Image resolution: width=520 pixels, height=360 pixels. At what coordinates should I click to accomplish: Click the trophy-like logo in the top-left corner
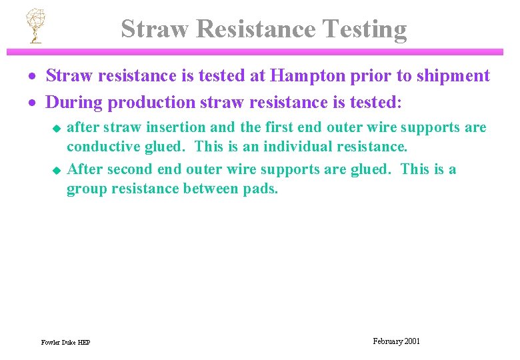(x=33, y=26)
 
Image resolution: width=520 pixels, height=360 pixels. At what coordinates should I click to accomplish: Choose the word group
(x=85, y=189)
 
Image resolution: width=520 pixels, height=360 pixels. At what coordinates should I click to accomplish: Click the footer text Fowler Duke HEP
(x=65, y=343)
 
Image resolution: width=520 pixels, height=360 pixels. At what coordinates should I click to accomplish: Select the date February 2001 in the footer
(x=396, y=341)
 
